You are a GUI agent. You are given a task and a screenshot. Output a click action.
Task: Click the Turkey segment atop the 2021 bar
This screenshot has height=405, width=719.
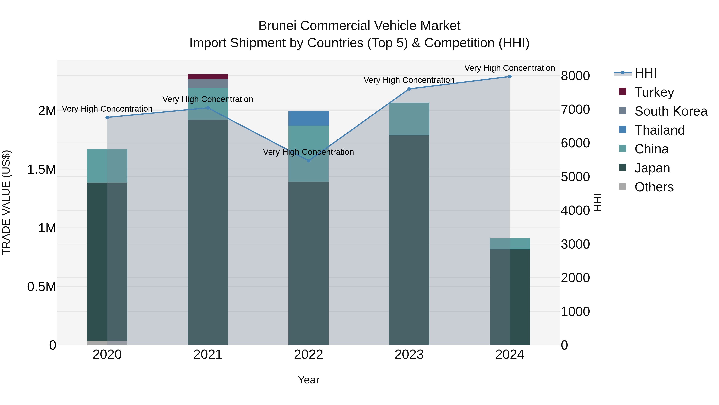(x=208, y=77)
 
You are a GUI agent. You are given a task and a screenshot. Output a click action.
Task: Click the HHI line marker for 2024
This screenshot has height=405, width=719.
(x=510, y=77)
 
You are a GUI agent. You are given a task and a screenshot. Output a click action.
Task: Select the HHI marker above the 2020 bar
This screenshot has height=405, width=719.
(x=107, y=117)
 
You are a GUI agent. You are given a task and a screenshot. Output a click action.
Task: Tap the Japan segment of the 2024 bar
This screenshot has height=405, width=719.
(x=510, y=296)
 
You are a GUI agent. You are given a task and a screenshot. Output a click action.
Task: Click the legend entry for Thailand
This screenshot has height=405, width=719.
(x=659, y=130)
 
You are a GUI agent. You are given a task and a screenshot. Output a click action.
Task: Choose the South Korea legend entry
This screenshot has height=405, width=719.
(x=670, y=111)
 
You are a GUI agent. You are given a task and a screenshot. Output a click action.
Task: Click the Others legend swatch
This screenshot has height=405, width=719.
(x=622, y=186)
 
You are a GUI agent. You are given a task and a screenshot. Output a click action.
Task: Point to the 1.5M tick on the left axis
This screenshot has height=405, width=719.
(x=41, y=169)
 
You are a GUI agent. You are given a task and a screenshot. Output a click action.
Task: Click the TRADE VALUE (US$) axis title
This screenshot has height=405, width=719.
(x=6, y=202)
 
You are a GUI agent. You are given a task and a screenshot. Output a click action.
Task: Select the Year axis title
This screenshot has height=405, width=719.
(x=308, y=380)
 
